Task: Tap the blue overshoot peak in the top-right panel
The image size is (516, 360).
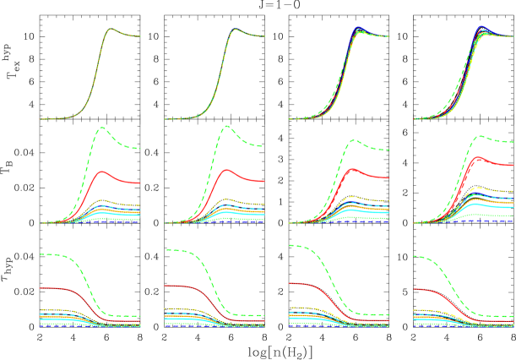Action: tap(481, 26)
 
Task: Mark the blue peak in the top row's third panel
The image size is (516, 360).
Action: tap(358, 27)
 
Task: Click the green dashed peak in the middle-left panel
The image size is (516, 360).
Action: tap(101, 128)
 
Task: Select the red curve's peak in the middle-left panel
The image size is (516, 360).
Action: tap(102, 171)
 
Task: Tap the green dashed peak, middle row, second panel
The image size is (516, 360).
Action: tap(226, 126)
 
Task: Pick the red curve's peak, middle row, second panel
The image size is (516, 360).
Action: tap(226, 169)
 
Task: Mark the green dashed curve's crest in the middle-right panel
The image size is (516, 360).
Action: tap(481, 136)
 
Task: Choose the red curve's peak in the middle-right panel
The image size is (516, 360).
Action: tap(478, 157)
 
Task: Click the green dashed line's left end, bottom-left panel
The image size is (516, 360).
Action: tap(40, 254)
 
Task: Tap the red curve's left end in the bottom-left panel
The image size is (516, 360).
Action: tap(40, 287)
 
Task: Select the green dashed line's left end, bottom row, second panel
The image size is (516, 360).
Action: tap(165, 249)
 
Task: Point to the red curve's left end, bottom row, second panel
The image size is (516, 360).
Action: tap(165, 286)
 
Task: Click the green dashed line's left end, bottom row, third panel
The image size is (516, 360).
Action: tap(289, 245)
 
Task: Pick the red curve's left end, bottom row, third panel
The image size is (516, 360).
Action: tap(289, 283)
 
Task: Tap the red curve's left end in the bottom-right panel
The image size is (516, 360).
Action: tap(413, 289)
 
